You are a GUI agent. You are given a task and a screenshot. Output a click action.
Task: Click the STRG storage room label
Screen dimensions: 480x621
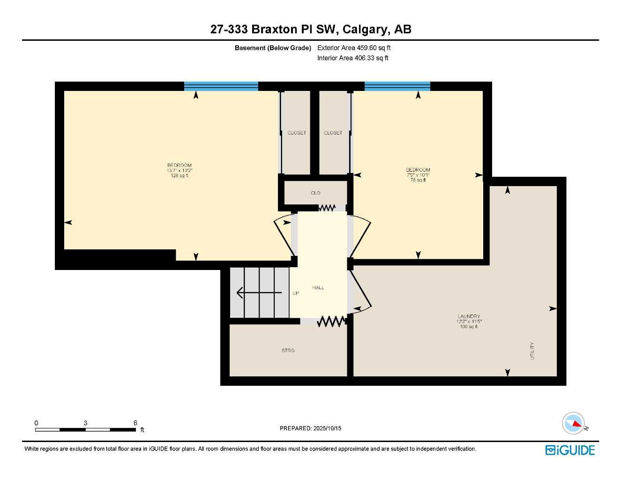(x=288, y=351)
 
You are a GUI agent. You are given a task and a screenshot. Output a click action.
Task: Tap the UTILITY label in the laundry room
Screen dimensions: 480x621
(x=532, y=351)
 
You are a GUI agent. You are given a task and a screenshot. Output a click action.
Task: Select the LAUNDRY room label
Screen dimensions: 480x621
(x=469, y=316)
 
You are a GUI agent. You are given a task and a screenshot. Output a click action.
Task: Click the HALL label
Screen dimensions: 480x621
(x=318, y=288)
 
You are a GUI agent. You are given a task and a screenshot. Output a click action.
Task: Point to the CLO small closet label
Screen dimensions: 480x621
(x=315, y=193)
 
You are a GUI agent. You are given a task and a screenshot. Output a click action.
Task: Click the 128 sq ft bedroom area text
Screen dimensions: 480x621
(x=180, y=176)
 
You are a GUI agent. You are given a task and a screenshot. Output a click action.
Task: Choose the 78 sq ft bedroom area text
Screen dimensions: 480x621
(x=418, y=180)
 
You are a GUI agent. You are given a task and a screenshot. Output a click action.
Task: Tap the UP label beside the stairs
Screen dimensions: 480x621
(x=296, y=293)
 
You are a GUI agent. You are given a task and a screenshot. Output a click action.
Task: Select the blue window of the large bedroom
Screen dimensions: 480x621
(x=221, y=86)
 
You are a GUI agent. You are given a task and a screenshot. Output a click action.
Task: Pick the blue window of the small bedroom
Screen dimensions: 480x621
(x=397, y=86)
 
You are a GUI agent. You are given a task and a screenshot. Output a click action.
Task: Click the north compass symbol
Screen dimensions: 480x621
(x=574, y=423)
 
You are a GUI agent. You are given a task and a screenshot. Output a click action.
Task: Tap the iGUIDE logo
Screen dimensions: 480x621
(x=570, y=450)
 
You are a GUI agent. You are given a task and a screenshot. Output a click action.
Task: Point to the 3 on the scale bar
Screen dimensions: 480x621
(x=85, y=423)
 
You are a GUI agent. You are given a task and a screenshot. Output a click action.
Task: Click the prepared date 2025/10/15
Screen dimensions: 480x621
(x=327, y=428)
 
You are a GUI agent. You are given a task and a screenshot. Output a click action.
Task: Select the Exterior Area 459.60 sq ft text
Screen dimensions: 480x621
(x=354, y=48)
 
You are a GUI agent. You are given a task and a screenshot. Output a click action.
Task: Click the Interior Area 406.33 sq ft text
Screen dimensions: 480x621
(x=353, y=58)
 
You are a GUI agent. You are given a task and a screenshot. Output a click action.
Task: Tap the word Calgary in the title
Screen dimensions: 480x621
(x=365, y=30)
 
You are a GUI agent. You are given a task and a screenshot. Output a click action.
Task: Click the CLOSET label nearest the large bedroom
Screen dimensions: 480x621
(x=297, y=133)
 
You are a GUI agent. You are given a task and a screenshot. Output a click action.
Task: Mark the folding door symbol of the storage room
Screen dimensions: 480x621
(x=331, y=322)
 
